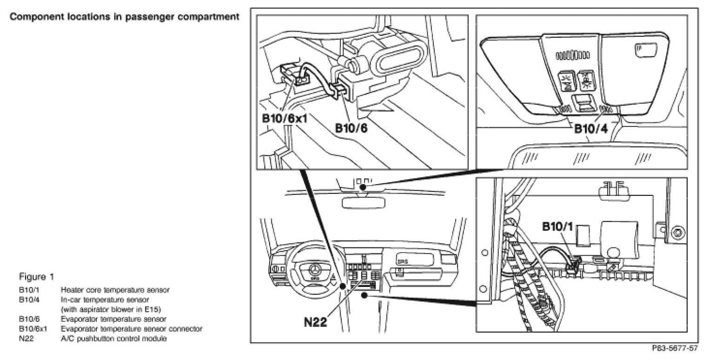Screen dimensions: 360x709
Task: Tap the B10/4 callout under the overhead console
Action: (591, 128)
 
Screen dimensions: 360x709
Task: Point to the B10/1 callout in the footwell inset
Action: (558, 227)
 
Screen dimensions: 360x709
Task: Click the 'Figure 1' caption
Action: (36, 277)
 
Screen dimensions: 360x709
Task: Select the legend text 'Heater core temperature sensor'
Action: (115, 290)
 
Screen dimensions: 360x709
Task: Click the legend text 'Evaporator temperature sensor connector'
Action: (132, 329)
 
